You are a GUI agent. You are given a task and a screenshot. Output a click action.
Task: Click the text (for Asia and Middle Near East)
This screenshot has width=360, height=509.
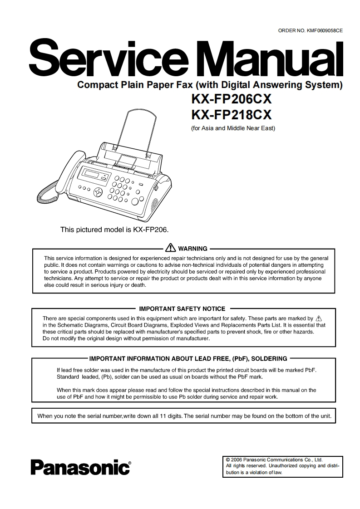tap(233, 128)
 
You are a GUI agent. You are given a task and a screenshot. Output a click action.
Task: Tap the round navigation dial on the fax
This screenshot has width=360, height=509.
tap(99, 192)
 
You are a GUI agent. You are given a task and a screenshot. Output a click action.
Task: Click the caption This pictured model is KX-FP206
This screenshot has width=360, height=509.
tap(114, 230)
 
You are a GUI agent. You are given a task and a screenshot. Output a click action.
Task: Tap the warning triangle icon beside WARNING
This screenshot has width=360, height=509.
tap(171, 248)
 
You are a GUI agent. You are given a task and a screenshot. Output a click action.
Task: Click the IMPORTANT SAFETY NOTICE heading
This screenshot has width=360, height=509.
tap(182, 308)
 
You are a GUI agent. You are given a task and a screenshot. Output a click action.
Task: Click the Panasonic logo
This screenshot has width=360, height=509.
tap(80, 466)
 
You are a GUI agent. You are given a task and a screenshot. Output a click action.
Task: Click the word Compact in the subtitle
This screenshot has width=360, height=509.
tap(94, 84)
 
